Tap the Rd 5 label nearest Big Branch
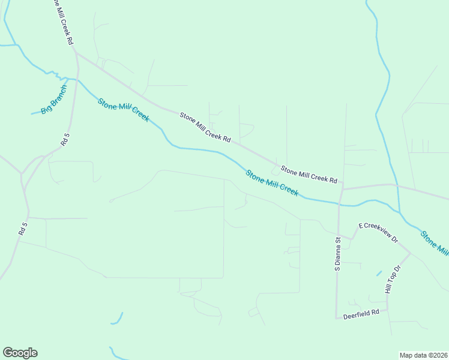65,139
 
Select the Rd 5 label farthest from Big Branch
23,232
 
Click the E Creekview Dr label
378,232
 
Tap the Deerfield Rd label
361,313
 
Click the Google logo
20,353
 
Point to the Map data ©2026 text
424,355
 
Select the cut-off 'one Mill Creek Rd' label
62,23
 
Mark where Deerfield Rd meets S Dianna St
336,318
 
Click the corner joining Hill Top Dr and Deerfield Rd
387,310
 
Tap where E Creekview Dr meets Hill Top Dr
411,253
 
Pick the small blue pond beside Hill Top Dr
379,273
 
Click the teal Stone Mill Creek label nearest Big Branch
123,110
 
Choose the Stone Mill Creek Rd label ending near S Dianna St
309,175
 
